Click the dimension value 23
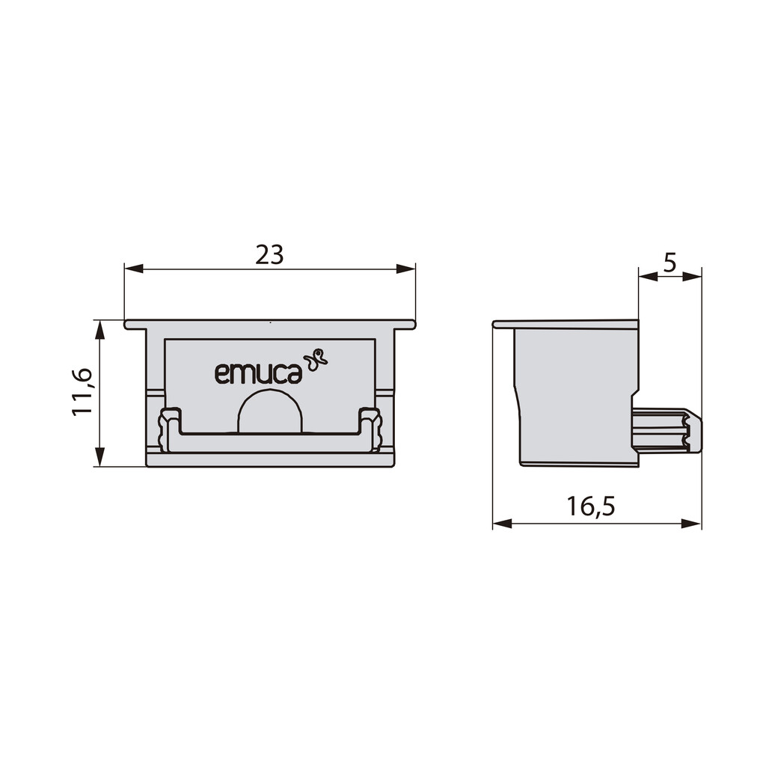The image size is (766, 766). point(269,255)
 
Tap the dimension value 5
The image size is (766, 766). point(670,263)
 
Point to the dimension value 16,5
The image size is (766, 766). point(590,506)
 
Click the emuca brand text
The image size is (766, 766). point(258,373)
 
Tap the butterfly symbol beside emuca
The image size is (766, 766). point(316,359)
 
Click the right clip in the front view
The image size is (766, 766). point(370,430)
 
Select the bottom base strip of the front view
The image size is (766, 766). point(270,459)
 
